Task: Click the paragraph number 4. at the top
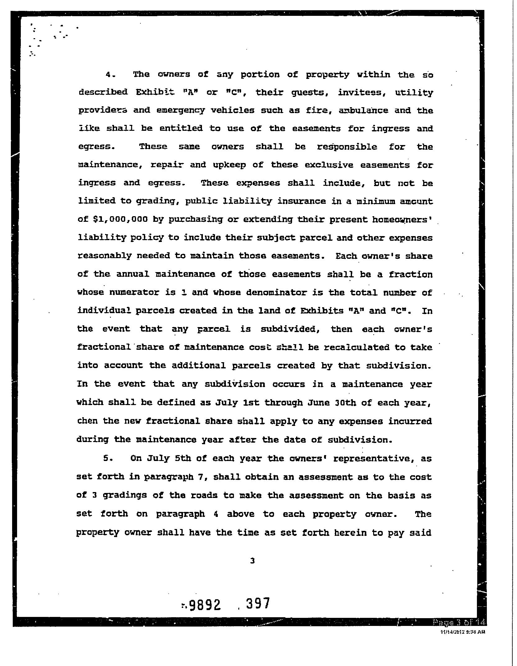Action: point(111,75)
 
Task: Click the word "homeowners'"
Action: point(402,219)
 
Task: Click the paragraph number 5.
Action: point(108,458)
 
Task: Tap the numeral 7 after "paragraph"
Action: point(200,477)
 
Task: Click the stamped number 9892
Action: point(205,604)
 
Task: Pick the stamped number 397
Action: point(258,604)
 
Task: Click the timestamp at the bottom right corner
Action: point(463,632)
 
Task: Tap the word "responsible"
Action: point(347,147)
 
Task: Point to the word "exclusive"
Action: point(329,165)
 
